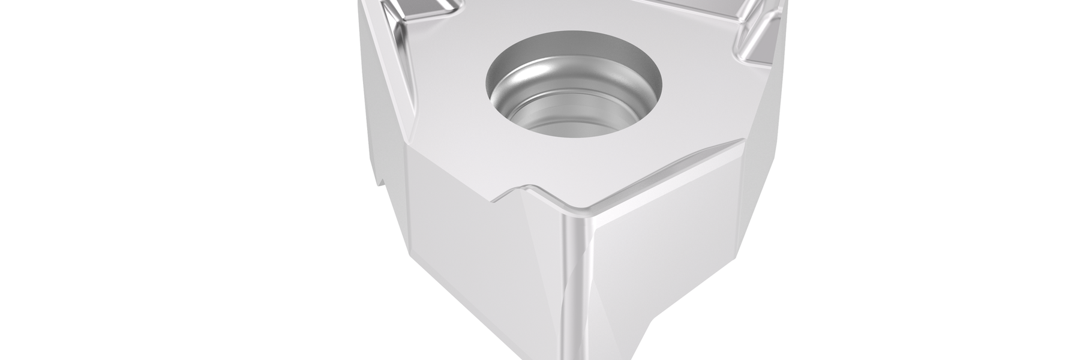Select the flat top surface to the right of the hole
702,102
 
